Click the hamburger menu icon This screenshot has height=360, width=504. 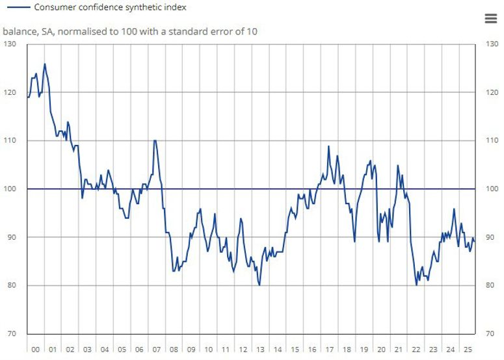490,18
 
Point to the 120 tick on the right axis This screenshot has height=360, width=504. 492,92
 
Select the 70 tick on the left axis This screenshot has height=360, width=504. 12,333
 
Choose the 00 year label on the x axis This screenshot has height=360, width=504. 35,350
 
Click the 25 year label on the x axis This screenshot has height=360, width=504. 467,350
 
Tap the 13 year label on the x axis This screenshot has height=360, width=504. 259,350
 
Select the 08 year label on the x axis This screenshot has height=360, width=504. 174,350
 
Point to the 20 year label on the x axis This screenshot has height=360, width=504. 380,350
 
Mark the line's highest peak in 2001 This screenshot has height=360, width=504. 44,64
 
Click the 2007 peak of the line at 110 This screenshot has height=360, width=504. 155,140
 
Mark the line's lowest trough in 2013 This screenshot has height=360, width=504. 259,285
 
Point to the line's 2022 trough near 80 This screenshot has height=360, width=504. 416,285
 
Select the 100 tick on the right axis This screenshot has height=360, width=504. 492,189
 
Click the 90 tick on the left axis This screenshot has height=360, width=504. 12,237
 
